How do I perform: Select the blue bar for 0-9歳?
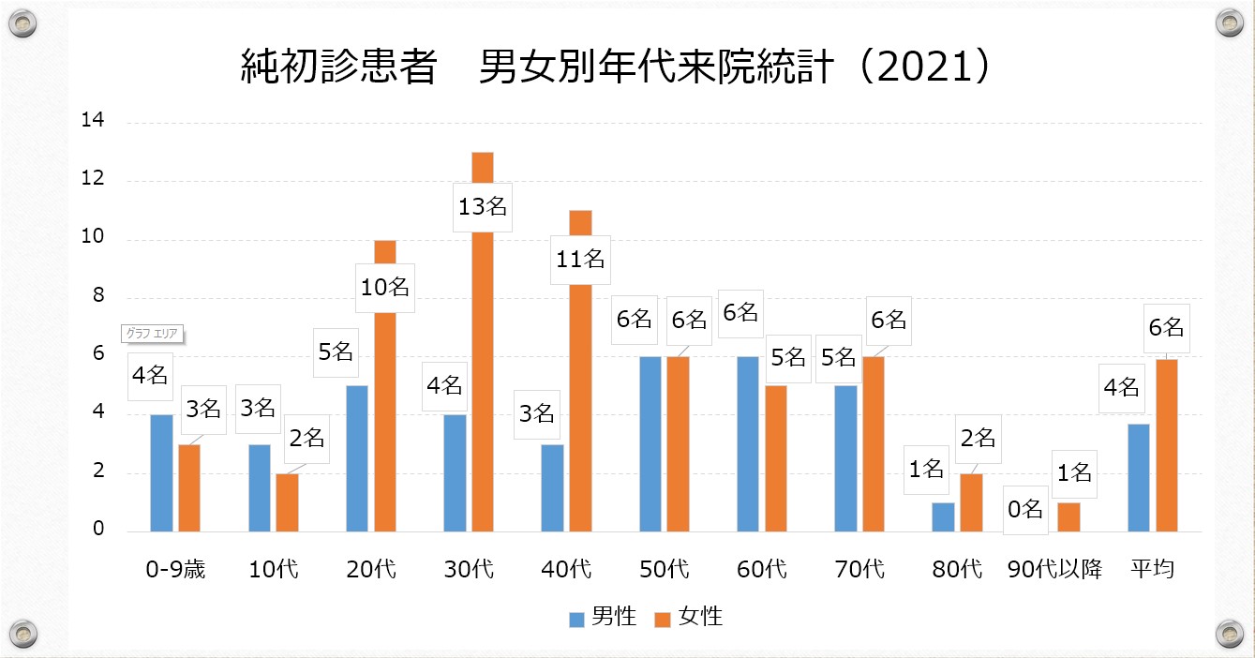click(161, 473)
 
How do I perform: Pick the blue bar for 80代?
click(943, 517)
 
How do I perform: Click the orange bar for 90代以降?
click(1068, 517)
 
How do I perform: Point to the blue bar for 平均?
click(1139, 478)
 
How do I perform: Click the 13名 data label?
click(483, 207)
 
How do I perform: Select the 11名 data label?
click(581, 259)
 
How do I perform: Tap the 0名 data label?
click(1024, 509)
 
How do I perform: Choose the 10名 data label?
click(385, 287)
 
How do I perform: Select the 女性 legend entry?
click(689, 617)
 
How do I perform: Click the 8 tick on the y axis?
click(97, 297)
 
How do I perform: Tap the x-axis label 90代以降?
click(1054, 569)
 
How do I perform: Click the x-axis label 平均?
click(1152, 569)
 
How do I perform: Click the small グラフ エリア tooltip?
click(152, 334)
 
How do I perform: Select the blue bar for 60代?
click(748, 444)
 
